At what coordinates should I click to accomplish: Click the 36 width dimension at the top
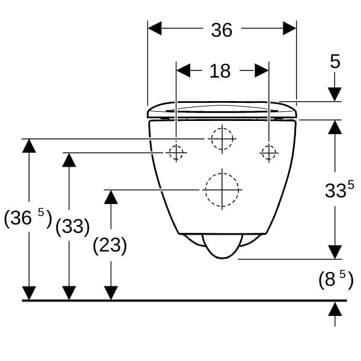(x=221, y=30)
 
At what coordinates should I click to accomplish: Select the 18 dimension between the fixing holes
(x=220, y=71)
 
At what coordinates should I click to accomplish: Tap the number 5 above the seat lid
(x=335, y=61)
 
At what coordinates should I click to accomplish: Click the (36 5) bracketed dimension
(x=28, y=218)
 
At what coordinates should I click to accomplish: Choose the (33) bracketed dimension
(x=73, y=227)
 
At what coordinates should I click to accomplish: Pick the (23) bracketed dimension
(x=110, y=245)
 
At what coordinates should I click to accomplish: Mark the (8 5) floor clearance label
(x=336, y=280)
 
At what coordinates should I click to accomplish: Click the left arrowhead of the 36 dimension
(x=155, y=28)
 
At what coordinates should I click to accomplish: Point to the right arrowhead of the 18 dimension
(x=262, y=70)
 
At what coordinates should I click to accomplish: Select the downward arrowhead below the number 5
(x=335, y=94)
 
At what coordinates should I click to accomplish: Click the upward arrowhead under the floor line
(x=335, y=309)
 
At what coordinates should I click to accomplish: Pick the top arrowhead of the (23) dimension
(x=111, y=197)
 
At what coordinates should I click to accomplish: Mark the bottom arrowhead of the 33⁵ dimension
(x=335, y=252)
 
